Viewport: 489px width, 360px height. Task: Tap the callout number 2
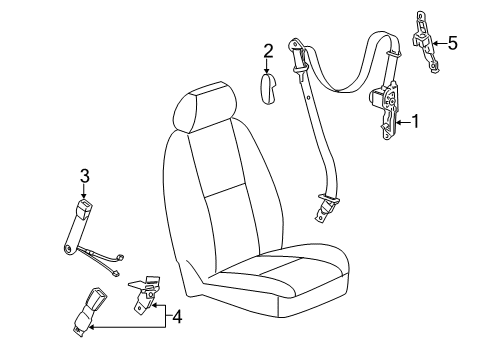[x=268, y=51]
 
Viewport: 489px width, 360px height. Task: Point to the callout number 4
[x=177, y=318]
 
